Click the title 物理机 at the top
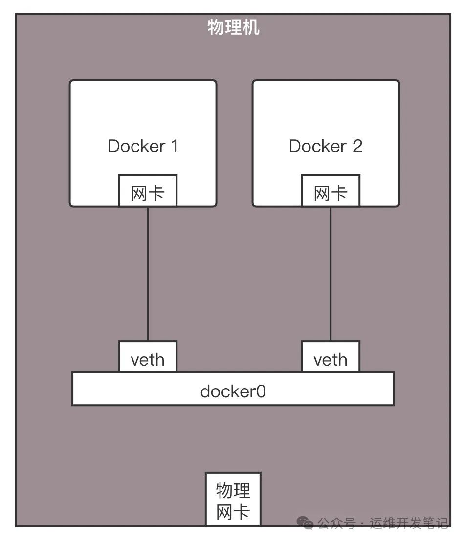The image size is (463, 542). pyautogui.click(x=233, y=27)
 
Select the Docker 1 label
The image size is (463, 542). pyautogui.click(x=143, y=146)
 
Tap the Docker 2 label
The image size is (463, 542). pyautogui.click(x=326, y=146)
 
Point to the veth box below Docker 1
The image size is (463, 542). pyautogui.click(x=147, y=360)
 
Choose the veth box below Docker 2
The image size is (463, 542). pyautogui.click(x=330, y=360)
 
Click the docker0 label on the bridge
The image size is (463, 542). pyautogui.click(x=233, y=391)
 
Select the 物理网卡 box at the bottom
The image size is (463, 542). pyautogui.click(x=233, y=499)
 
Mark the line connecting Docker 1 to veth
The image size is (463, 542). pyautogui.click(x=147, y=274)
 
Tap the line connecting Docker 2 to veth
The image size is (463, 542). pyautogui.click(x=330, y=274)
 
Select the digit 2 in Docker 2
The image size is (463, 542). pyautogui.click(x=357, y=146)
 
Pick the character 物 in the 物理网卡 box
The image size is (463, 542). pyautogui.click(x=224, y=489)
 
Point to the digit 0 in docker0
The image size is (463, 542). pyautogui.click(x=261, y=391)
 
